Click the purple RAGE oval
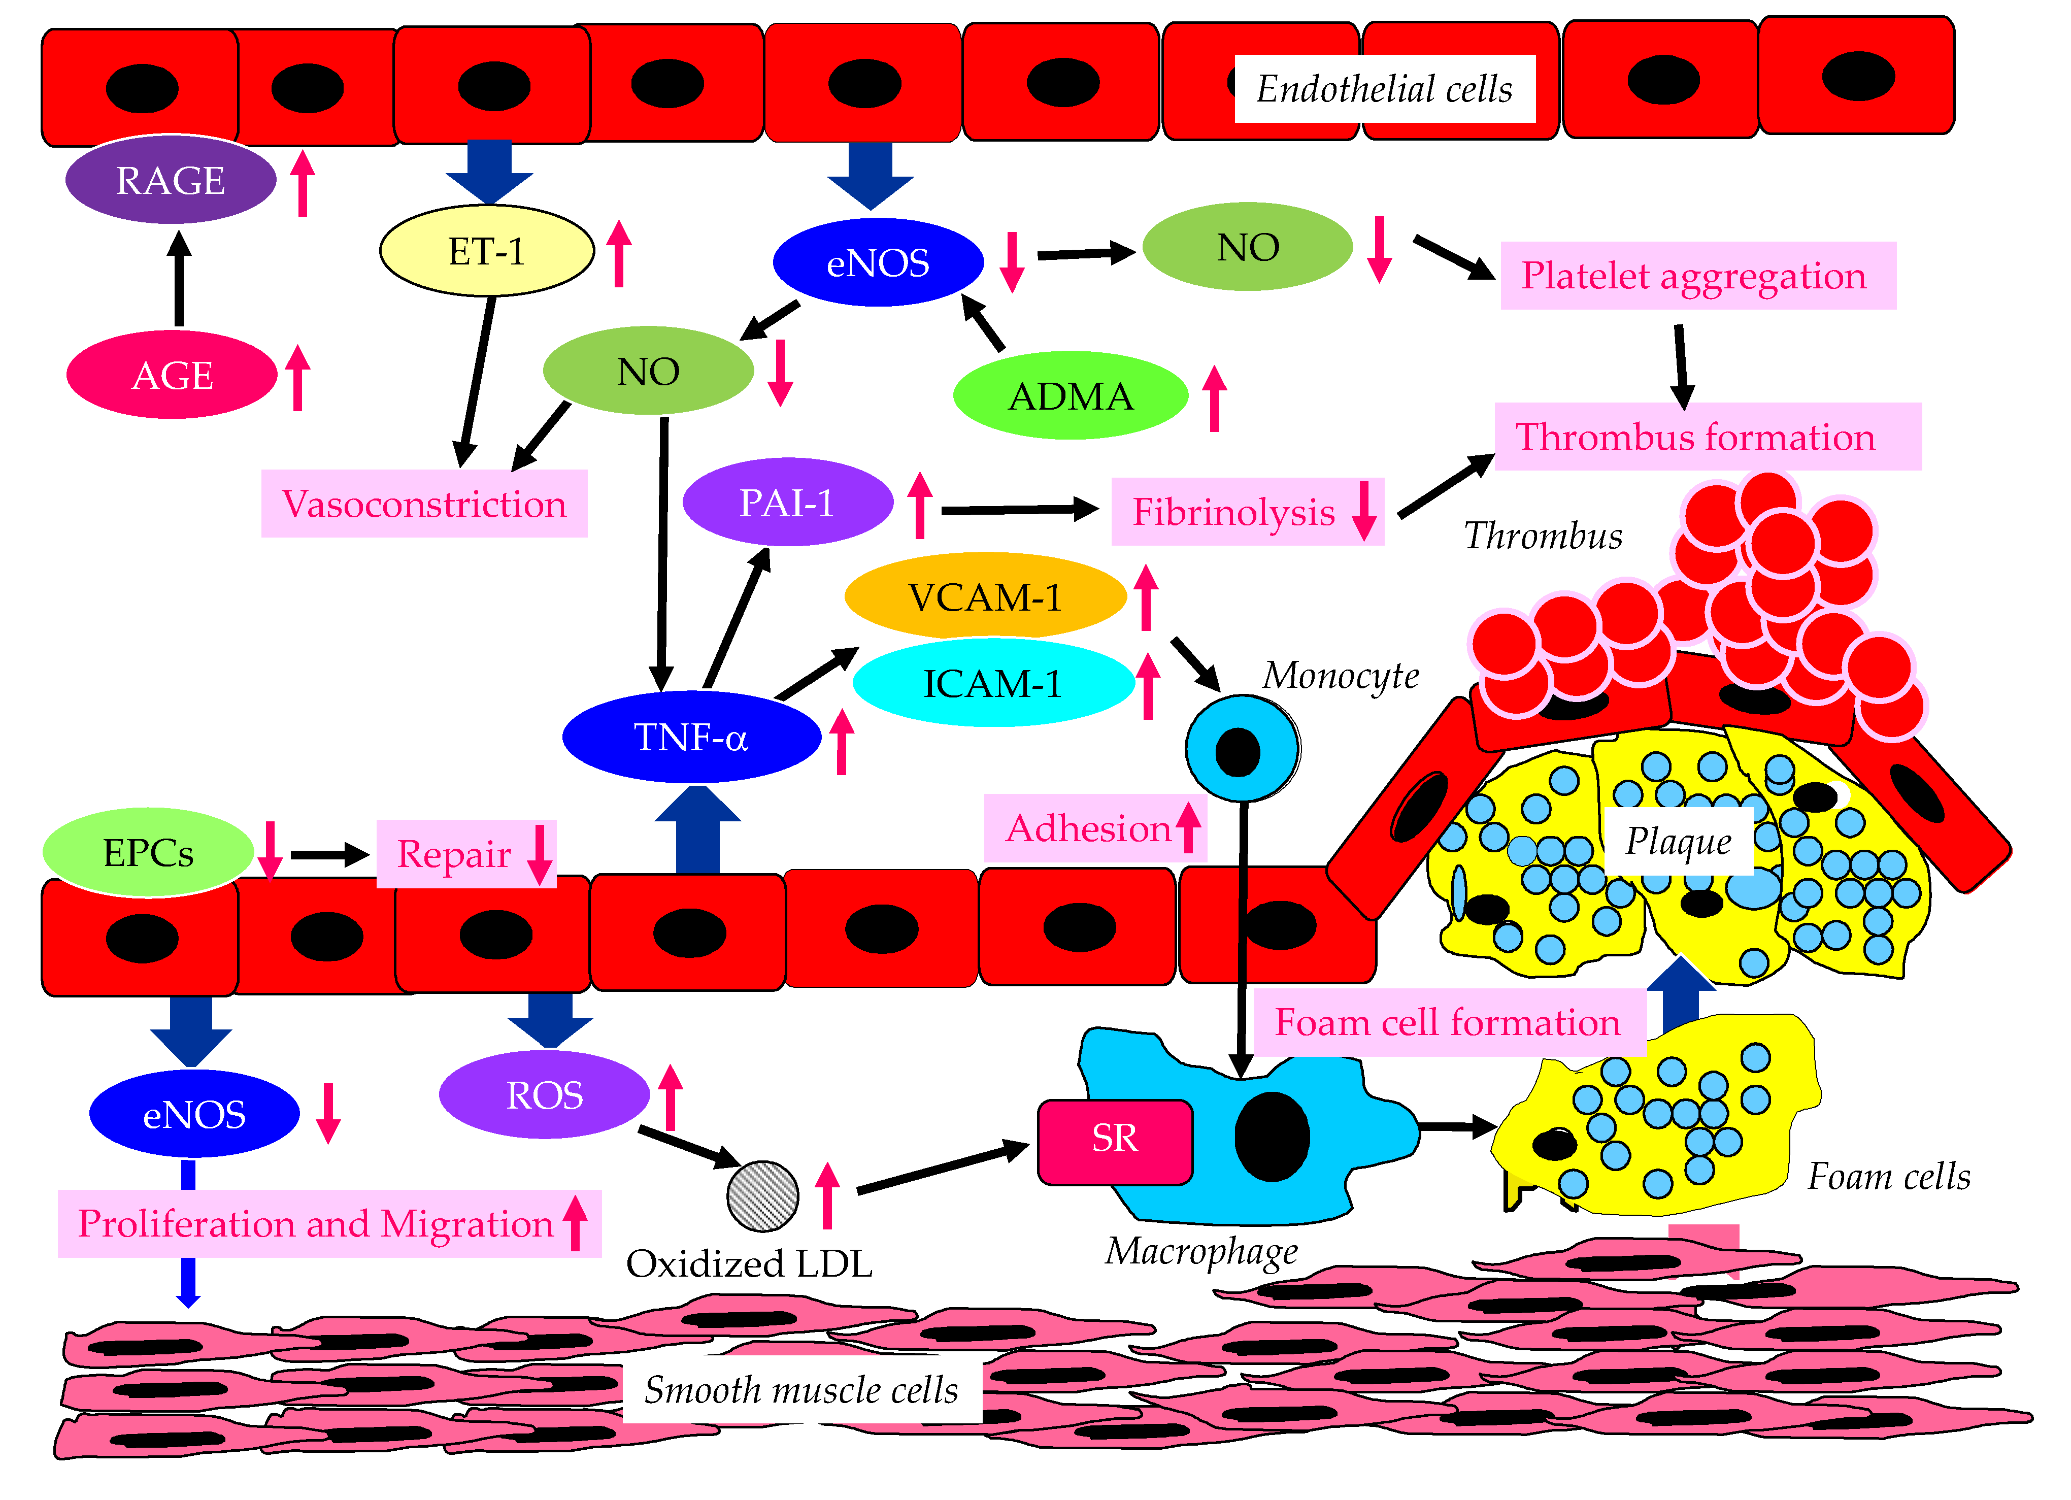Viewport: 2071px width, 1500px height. pos(171,180)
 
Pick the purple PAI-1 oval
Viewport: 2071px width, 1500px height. pos(787,502)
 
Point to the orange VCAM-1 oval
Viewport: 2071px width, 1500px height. pos(985,597)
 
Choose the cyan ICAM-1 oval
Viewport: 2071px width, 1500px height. pos(992,683)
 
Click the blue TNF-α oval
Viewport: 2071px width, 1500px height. pos(691,737)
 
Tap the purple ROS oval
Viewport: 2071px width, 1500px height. pos(544,1094)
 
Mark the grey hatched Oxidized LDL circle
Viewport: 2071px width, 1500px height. pos(762,1195)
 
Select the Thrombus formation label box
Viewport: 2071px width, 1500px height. pos(1707,437)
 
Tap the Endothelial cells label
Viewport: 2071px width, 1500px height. pos(1384,88)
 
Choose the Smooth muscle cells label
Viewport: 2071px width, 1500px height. pos(801,1389)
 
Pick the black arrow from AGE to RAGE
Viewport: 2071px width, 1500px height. pos(179,279)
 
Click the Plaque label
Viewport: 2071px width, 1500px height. pos(1678,841)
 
